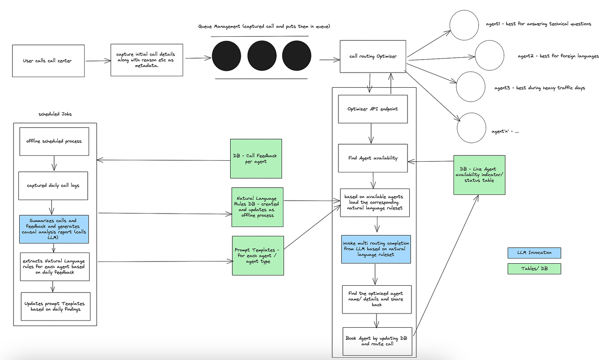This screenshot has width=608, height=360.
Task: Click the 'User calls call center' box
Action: pos(48,61)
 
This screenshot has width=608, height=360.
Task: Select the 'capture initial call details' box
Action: pos(147,60)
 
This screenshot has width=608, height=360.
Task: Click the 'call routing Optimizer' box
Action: pos(373,56)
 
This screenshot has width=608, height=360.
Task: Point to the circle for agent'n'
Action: pos(471,128)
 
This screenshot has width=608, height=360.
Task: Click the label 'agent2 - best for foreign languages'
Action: pos(558,56)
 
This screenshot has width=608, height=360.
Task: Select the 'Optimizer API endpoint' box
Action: pos(373,109)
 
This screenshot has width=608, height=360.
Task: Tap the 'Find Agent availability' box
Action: pos(373,158)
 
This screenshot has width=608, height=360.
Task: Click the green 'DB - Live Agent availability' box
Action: pos(479,175)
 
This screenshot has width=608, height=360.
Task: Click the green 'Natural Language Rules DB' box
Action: pos(257,207)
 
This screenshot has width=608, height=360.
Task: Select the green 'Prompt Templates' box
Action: pos(258,256)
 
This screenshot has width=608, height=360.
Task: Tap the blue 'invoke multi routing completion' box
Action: pos(376,249)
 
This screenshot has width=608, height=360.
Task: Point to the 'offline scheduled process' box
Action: pos(54,141)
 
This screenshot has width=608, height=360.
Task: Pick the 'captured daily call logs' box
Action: pos(53,185)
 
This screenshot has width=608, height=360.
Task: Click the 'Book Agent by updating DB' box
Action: pos(376,341)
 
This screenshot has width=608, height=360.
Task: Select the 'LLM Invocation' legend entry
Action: pos(534,253)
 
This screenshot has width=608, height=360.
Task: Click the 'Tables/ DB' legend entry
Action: pos(534,269)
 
